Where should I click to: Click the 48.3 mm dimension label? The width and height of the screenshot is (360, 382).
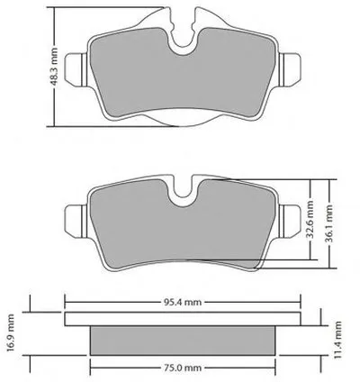[x=55, y=66]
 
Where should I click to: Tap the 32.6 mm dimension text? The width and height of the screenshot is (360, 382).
[x=310, y=220]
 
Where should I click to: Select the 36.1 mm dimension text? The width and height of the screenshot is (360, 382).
[x=329, y=223]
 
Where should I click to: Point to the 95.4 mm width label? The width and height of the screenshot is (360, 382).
[x=183, y=302]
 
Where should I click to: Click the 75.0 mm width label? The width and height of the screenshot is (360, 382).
[x=183, y=368]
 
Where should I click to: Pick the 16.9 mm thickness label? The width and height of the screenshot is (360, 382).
[x=10, y=332]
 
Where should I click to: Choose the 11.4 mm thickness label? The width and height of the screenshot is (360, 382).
[x=337, y=340]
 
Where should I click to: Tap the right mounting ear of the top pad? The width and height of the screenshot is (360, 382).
[x=290, y=70]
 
